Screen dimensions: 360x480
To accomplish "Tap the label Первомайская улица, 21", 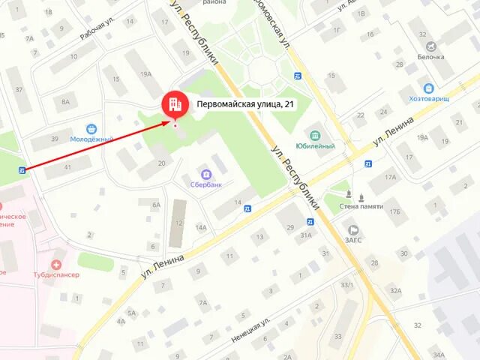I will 244,105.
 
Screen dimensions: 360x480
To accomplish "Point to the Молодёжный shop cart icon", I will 91,129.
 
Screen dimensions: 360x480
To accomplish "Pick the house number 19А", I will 145,73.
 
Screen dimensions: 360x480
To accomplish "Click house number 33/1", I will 346,285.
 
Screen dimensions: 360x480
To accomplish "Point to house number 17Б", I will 394,211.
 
